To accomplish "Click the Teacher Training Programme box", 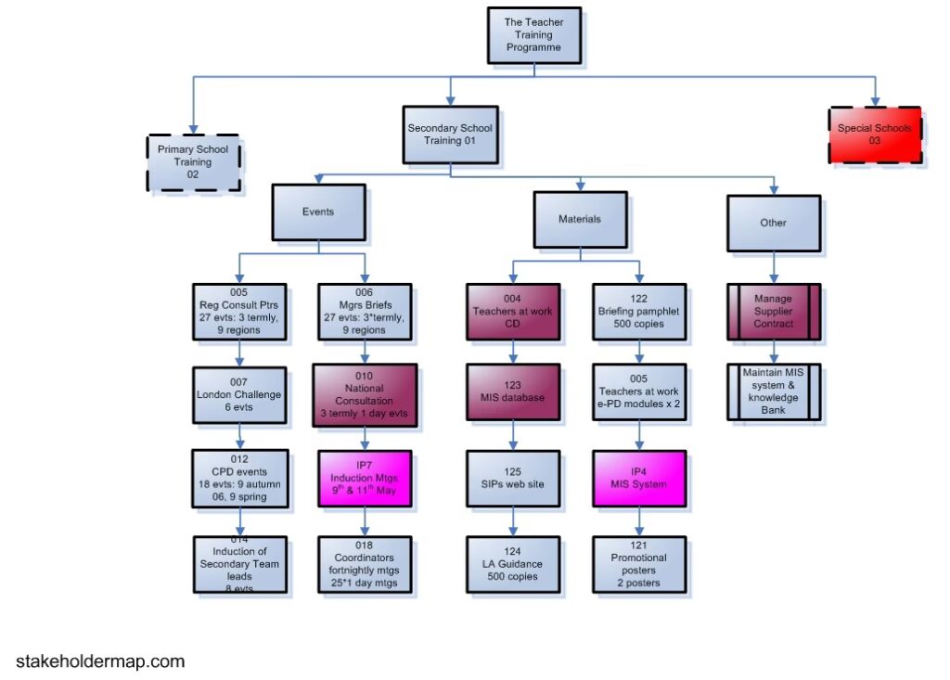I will pyautogui.click(x=533, y=34).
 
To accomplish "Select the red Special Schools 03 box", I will pyautogui.click(x=875, y=135).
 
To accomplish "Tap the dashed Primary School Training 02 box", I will pyautogui.click(x=193, y=162).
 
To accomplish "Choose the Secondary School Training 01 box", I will pyautogui.click(x=450, y=135).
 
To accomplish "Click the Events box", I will pyautogui.click(x=318, y=212).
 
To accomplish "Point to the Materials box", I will pyautogui.click(x=579, y=220).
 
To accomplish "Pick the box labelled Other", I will pyautogui.click(x=773, y=223).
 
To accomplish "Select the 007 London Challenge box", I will pyautogui.click(x=239, y=393).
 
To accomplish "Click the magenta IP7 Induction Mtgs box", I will pyautogui.click(x=365, y=478).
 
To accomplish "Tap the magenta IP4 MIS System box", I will pyautogui.click(x=638, y=478).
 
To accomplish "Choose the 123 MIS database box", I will pyautogui.click(x=513, y=391).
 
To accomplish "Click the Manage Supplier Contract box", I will pyautogui.click(x=773, y=312).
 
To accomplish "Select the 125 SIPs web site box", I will pyautogui.click(x=513, y=478).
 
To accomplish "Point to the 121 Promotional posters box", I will pyautogui.click(x=638, y=564).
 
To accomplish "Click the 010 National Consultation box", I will pyautogui.click(x=365, y=394).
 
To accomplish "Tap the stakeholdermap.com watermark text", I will pyautogui.click(x=100, y=661).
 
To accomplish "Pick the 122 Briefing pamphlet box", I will pyautogui.click(x=638, y=312).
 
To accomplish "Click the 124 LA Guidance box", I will pyautogui.click(x=513, y=564).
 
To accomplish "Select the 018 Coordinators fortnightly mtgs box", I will pyautogui.click(x=365, y=564).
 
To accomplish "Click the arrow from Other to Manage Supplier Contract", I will pyautogui.click(x=773, y=268).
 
